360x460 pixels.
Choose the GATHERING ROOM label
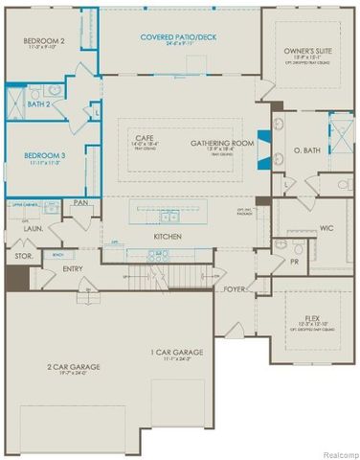221,143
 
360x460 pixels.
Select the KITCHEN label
168,235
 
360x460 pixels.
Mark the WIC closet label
326,227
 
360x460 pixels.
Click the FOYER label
236,288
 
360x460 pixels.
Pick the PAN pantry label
80,202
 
